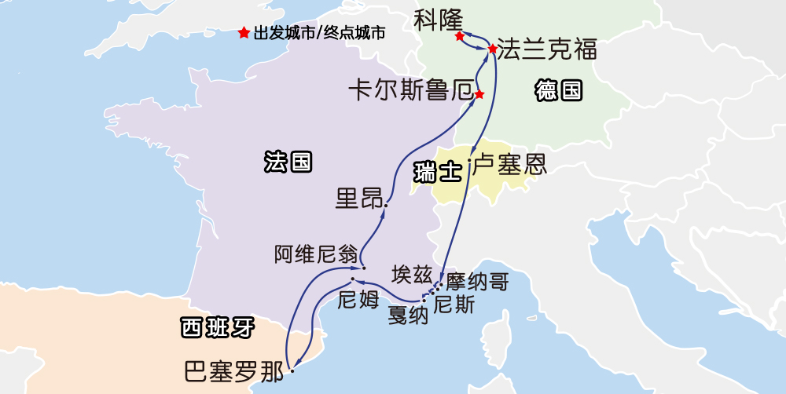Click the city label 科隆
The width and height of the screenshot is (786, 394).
[x=439, y=19]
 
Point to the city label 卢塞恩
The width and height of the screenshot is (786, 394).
[x=509, y=165]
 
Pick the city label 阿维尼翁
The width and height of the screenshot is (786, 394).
[x=316, y=254]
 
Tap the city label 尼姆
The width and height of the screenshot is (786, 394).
[x=358, y=299]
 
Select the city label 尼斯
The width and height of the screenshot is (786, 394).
[x=454, y=305]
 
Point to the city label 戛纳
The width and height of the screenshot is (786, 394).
[x=408, y=316]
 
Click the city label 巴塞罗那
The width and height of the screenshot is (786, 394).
[x=233, y=371]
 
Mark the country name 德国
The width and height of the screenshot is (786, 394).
[x=559, y=91]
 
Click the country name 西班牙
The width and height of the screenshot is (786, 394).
[x=218, y=327]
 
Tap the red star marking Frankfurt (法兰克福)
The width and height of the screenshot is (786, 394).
[x=493, y=49]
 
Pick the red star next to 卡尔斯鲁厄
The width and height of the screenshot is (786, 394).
[x=479, y=95]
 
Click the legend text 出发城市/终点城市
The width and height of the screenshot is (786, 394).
[x=319, y=34]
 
